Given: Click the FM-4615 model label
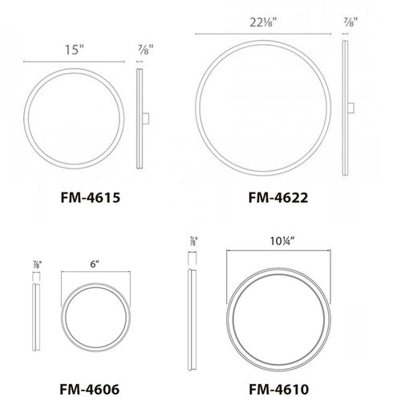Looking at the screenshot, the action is click(x=91, y=198).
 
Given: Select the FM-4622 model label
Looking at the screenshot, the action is click(x=278, y=198).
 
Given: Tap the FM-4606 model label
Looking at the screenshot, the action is click(x=90, y=389).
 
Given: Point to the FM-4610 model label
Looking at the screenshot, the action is click(x=279, y=389).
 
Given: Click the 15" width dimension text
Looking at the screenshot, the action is click(x=75, y=50).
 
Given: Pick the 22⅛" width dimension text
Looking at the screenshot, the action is click(x=262, y=22).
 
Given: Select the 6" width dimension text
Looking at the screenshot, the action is click(x=95, y=264).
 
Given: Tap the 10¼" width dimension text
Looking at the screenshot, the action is click(x=282, y=241).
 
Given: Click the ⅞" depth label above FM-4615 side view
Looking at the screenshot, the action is click(x=145, y=50).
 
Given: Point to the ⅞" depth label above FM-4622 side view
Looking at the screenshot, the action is click(x=350, y=22).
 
